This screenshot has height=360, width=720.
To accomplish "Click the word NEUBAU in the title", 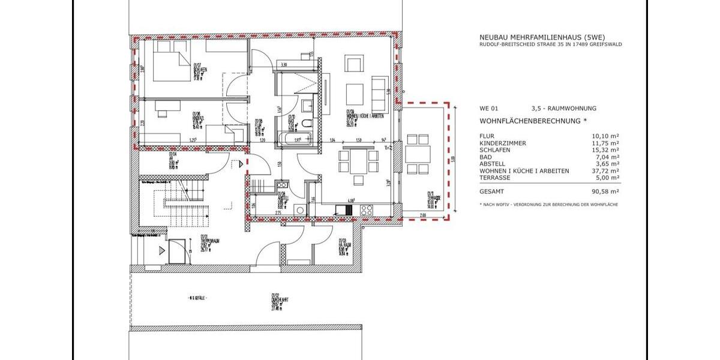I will [490, 36].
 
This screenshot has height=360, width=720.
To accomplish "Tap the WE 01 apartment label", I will [488, 109].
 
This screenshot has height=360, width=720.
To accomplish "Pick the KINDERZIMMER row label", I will [503, 143].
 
